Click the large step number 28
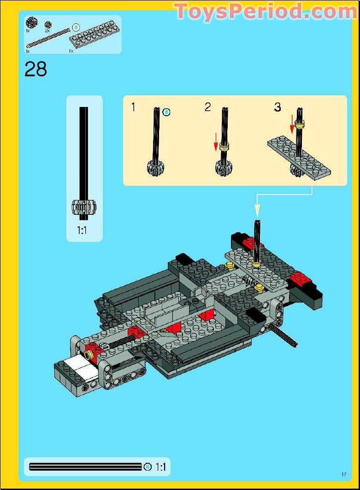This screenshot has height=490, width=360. (x=36, y=69)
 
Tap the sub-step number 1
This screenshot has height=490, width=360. (x=133, y=107)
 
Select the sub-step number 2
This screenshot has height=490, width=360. (x=208, y=107)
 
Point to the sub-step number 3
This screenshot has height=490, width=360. (x=277, y=107)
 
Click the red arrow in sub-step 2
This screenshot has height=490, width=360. (x=216, y=141)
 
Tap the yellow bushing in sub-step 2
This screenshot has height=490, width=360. (x=224, y=148)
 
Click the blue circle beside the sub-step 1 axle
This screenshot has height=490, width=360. (x=167, y=112)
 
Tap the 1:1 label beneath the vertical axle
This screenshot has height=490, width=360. (x=82, y=230)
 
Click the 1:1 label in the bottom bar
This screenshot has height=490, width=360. (x=160, y=467)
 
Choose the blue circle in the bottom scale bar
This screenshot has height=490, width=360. (x=148, y=467)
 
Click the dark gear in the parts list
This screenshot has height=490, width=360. (x=31, y=22)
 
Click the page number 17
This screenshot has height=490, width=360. (x=343, y=474)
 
